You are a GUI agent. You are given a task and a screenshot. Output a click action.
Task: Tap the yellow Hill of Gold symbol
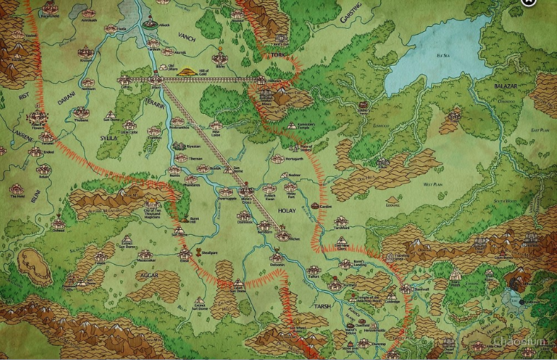pyautogui.click(x=188, y=71)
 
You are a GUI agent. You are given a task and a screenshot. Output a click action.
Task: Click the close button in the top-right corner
pyautogui.click(x=528, y=2)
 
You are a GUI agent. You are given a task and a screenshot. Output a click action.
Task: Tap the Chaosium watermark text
pyautogui.click(x=522, y=343)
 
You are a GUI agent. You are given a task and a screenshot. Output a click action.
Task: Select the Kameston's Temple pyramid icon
pyautogui.click(x=292, y=124)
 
